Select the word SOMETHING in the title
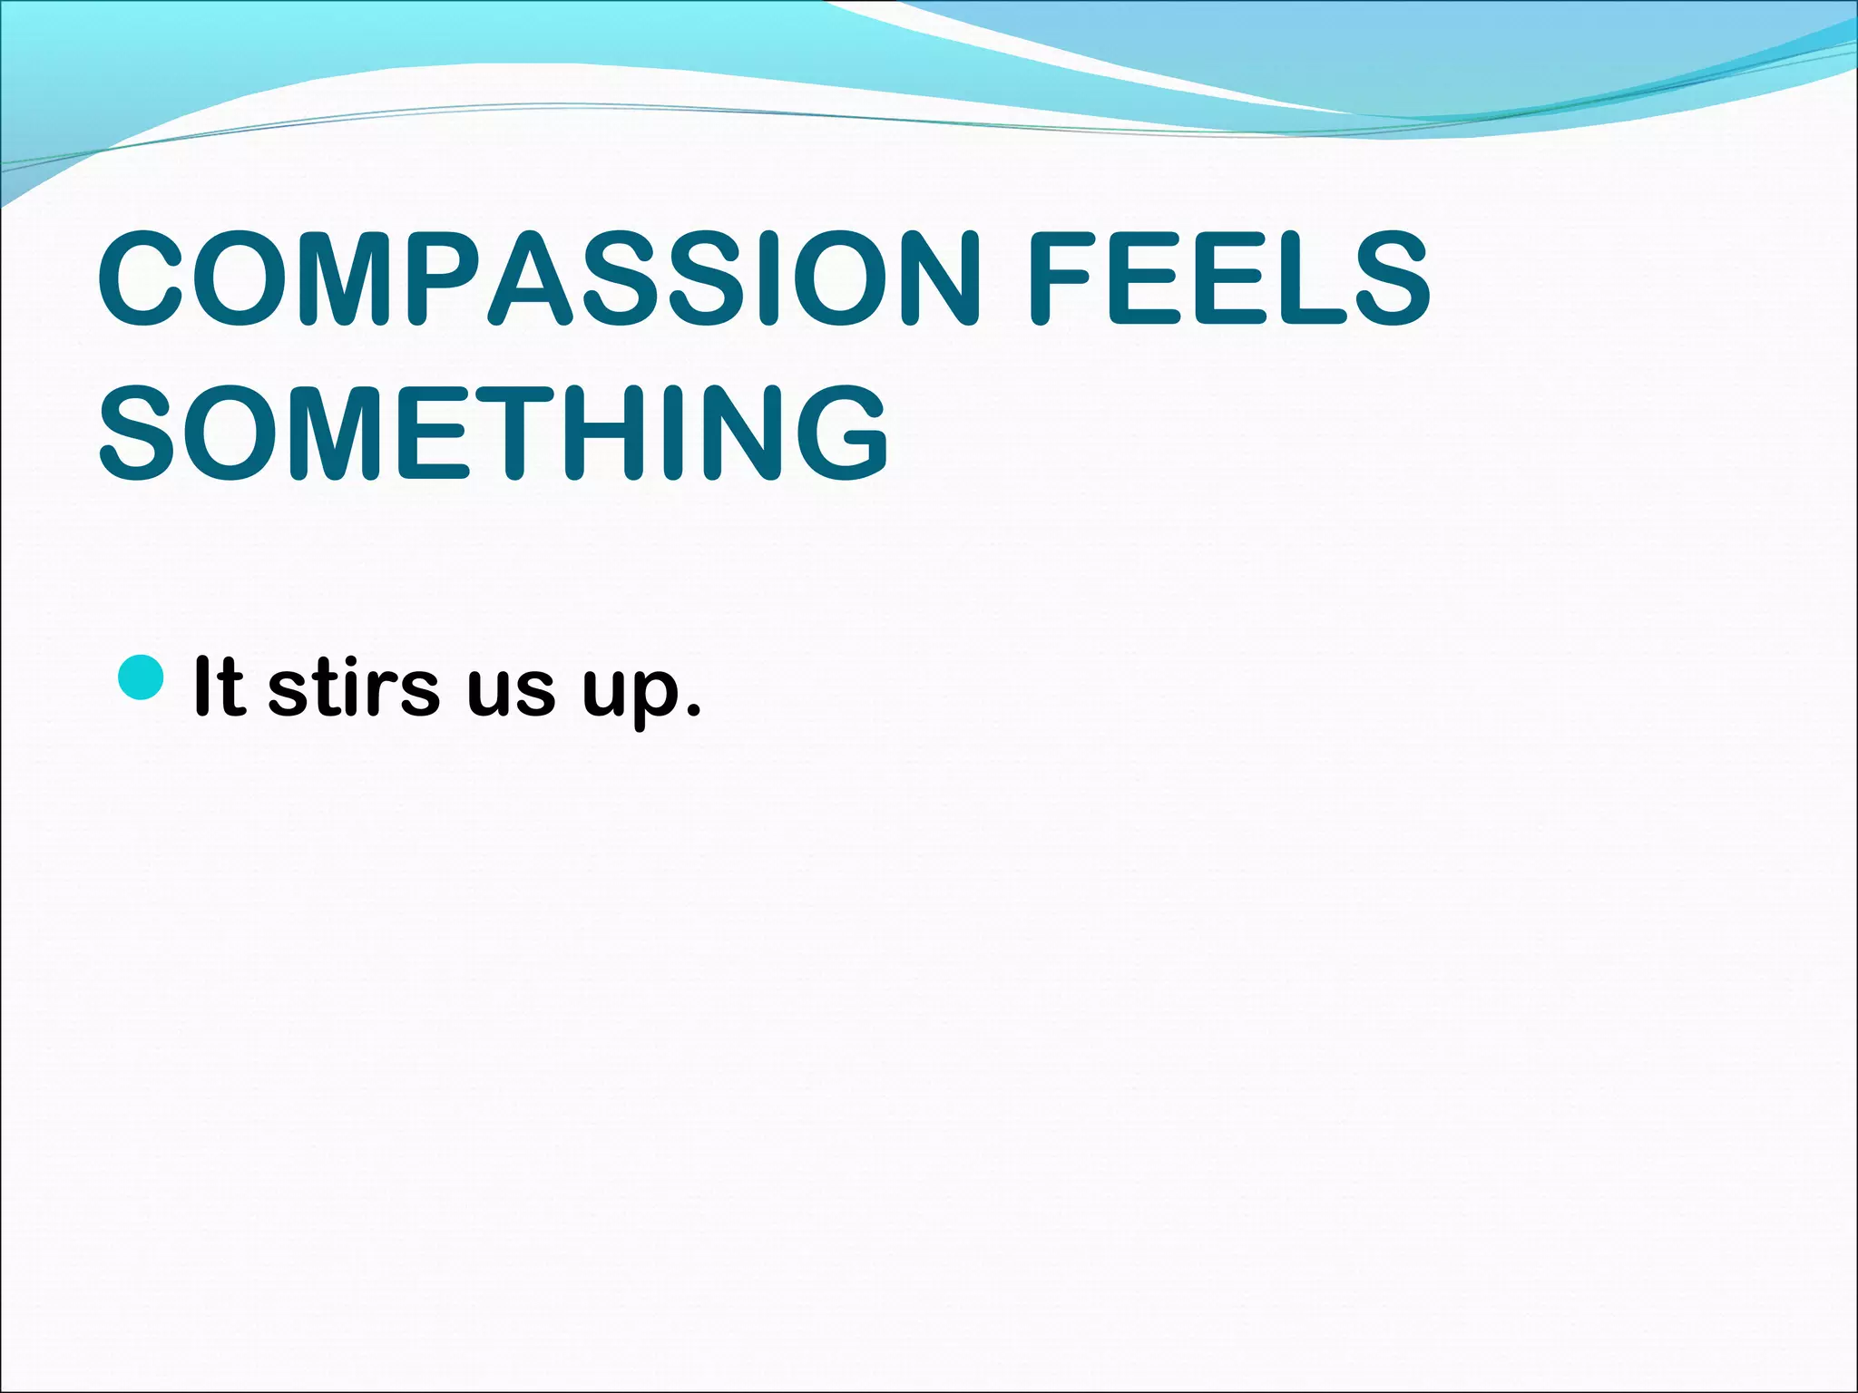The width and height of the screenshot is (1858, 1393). point(494,433)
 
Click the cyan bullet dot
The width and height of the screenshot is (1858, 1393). point(142,678)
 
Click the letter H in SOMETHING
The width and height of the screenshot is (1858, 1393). point(605,433)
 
